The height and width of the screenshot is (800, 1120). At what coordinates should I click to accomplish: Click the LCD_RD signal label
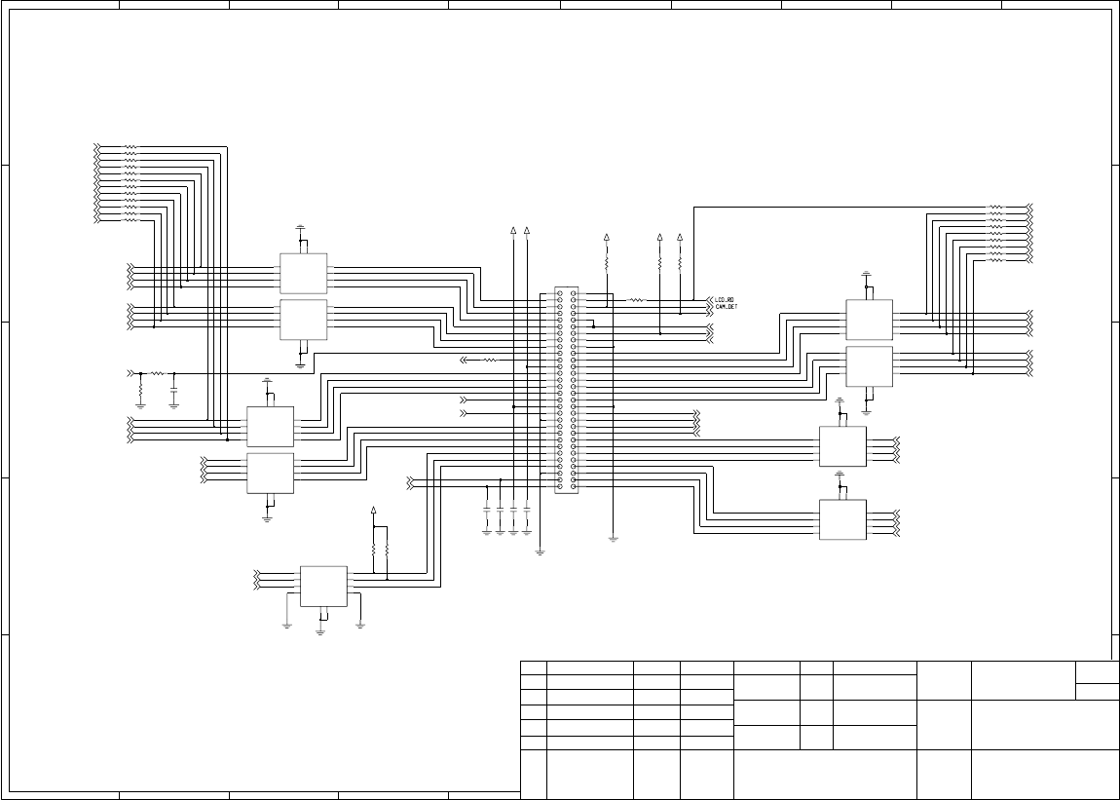[x=725, y=300]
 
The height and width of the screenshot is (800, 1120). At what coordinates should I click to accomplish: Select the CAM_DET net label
[x=727, y=307]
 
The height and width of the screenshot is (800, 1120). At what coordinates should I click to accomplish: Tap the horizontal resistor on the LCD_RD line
[x=637, y=300]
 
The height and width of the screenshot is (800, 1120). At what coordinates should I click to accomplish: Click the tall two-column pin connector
[x=566, y=390]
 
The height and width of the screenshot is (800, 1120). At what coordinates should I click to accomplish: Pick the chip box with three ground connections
[x=323, y=585]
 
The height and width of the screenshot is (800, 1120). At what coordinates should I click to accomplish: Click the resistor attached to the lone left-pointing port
[x=490, y=360]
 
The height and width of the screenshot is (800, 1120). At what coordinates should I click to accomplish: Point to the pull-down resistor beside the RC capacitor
[x=140, y=390]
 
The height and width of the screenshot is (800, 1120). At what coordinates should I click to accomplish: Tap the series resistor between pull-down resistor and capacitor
[x=157, y=373]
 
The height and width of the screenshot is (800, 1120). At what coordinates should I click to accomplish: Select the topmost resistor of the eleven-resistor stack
[x=131, y=147]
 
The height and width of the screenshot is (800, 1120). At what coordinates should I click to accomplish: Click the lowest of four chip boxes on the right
[x=842, y=519]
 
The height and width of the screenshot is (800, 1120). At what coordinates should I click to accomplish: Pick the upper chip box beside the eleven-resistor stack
[x=303, y=274]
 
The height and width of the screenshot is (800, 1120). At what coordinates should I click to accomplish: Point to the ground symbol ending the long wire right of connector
[x=613, y=537]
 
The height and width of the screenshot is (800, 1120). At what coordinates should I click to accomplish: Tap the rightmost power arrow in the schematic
[x=679, y=238]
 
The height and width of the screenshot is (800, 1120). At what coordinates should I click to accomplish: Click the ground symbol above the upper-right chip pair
[x=866, y=276]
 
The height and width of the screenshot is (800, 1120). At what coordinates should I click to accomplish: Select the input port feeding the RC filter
[x=131, y=373]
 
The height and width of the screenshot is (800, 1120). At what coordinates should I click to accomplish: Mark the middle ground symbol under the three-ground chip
[x=320, y=631]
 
